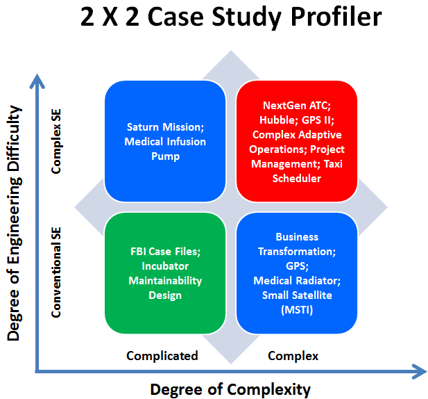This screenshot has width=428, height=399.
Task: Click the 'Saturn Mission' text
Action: coord(165,127)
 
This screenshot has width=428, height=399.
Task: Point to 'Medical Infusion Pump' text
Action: coord(165,149)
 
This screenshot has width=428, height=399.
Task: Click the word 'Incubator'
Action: coord(165,266)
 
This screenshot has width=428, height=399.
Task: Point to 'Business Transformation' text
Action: coord(297,244)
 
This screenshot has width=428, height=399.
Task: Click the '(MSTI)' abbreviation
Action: coord(297,309)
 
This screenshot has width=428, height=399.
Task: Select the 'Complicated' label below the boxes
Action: coord(162,356)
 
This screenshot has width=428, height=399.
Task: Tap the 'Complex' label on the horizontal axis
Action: coord(293,356)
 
